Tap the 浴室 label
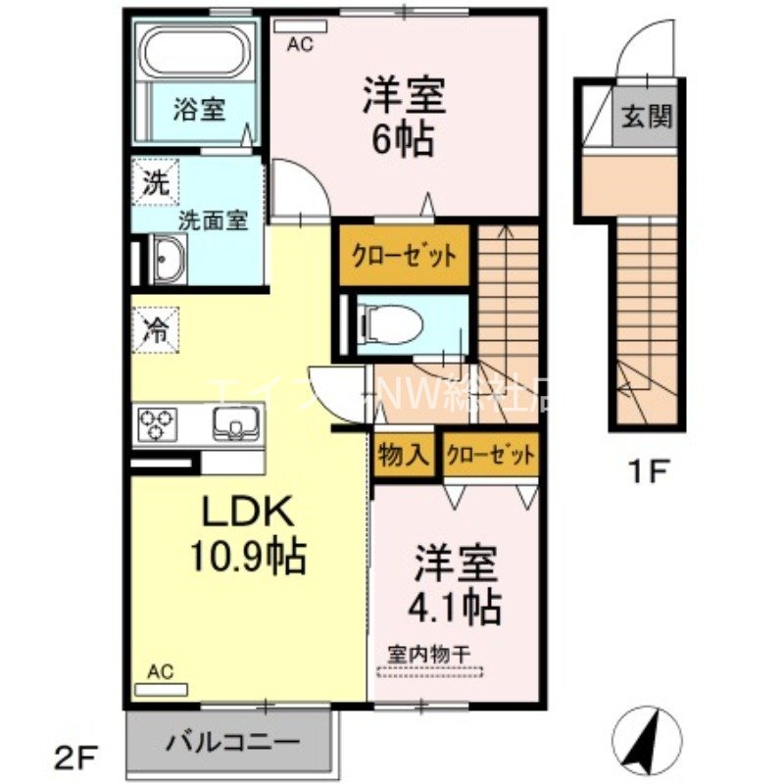pos(200,109)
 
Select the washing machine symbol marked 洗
pos(156,181)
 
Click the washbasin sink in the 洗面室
pos(166,262)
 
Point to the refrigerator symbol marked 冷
pos(156,326)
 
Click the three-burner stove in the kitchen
pos(157,424)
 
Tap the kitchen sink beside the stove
pos(235,424)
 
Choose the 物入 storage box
pos(403,456)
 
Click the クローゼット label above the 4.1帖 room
pos(490,456)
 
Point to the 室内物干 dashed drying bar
pos(430,671)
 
